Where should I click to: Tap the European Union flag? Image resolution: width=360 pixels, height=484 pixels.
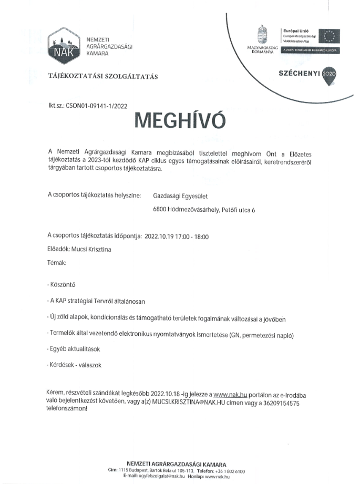[x=329, y=36]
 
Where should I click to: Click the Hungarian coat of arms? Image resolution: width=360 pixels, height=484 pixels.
[x=261, y=34]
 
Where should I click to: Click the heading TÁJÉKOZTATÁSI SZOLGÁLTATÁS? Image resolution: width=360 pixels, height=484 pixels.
[x=103, y=77]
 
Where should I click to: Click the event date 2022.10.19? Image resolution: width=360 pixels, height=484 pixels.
[x=158, y=237]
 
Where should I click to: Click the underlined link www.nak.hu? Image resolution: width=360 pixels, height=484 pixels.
[x=227, y=394]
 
